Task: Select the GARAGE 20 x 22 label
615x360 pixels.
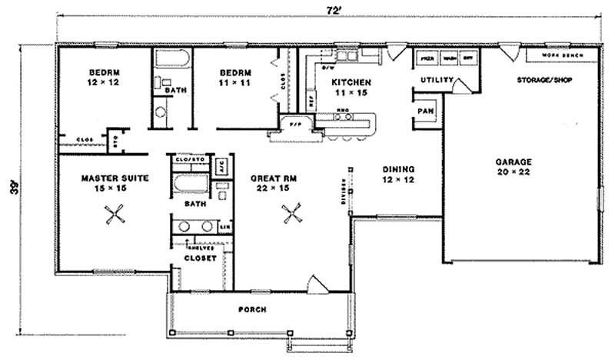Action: tap(514, 167)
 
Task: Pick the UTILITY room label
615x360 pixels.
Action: tap(434, 80)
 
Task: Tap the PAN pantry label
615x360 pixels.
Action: tap(425, 111)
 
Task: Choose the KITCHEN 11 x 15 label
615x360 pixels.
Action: tap(351, 86)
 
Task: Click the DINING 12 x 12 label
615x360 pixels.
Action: tap(400, 174)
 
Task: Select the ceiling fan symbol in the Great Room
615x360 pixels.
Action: tap(291, 213)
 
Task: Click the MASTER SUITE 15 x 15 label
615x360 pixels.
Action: tap(115, 182)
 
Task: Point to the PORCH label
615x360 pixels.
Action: tap(252, 309)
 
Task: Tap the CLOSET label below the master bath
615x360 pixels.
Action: tap(200, 258)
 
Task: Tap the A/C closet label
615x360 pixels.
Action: tap(218, 164)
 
